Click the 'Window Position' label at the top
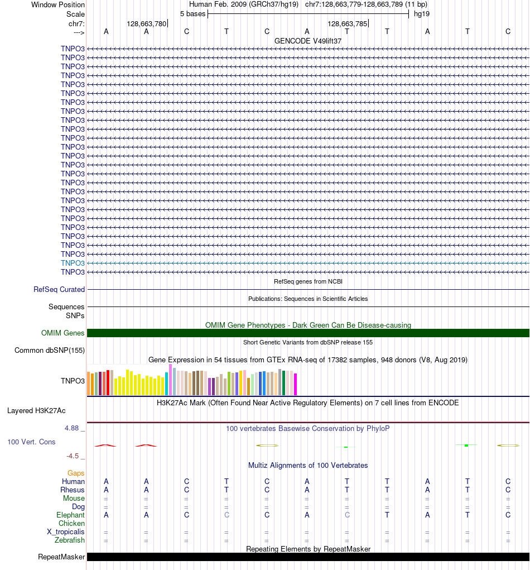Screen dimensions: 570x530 (58, 4)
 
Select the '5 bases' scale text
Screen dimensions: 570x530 (192, 13)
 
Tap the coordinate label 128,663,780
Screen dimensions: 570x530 (146, 23)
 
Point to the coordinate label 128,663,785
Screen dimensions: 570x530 (347, 23)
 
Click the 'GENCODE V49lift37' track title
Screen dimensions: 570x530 (308, 41)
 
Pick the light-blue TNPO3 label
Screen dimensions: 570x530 (73, 263)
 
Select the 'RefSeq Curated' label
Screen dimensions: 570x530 (59, 289)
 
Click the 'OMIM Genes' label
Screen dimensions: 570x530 (62, 333)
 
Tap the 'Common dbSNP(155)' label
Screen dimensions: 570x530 (49, 351)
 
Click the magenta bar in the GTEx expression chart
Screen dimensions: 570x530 (296, 384)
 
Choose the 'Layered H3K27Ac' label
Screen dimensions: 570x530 (36, 410)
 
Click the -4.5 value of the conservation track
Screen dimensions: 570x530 (73, 456)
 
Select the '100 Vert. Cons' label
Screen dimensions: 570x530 (31, 442)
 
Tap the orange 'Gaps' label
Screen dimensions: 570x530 (76, 473)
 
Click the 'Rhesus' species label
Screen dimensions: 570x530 (73, 490)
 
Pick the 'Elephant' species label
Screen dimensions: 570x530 (70, 515)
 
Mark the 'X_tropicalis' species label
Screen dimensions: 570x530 (66, 531)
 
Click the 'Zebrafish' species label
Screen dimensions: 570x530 (70, 540)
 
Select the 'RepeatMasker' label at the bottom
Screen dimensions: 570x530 (61, 557)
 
